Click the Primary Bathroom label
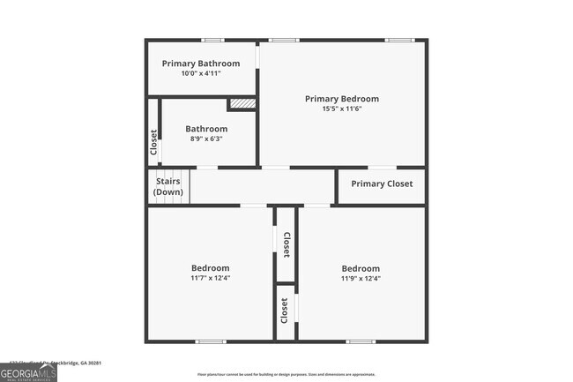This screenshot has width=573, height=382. (x=200, y=64)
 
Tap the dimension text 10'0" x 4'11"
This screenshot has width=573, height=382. (x=200, y=73)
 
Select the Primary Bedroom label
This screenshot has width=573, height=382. (x=342, y=99)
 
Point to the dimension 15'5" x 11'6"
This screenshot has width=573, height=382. (x=342, y=109)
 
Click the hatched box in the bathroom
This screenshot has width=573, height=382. (x=242, y=104)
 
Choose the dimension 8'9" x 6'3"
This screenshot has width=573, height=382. (x=205, y=139)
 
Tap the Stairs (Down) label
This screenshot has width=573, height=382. (x=168, y=187)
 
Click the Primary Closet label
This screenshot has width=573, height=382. (x=381, y=184)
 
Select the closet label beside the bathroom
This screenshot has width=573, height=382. (x=153, y=143)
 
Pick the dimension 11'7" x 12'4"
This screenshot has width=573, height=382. (x=211, y=278)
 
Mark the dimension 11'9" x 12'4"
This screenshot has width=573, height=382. (x=361, y=278)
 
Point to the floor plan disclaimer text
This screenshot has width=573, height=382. (x=286, y=374)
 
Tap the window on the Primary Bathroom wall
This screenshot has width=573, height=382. (x=212, y=40)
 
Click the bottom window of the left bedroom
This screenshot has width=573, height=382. (x=211, y=341)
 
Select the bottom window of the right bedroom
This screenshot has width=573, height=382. (x=361, y=341)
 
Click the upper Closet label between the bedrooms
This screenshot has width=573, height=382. (x=286, y=243)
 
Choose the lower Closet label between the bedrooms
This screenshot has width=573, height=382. (x=285, y=311)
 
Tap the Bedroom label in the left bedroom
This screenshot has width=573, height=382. (x=211, y=268)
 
